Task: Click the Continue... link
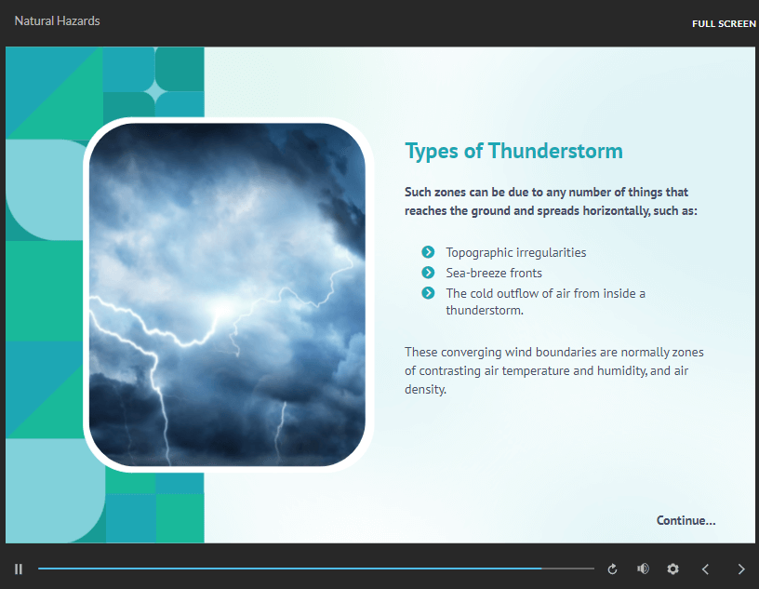click(x=686, y=520)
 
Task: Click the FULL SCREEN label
click(x=724, y=23)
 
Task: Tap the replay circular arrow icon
click(x=612, y=569)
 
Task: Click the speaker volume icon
click(x=643, y=569)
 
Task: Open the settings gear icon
click(x=673, y=569)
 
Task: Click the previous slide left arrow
click(x=705, y=569)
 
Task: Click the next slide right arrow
click(x=741, y=569)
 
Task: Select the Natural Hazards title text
click(x=57, y=20)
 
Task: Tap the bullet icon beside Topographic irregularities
click(x=428, y=252)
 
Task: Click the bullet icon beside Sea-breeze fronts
click(x=428, y=273)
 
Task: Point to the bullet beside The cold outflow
click(x=428, y=293)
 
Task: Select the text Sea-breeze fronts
click(x=493, y=273)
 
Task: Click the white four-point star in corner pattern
click(x=154, y=91)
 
